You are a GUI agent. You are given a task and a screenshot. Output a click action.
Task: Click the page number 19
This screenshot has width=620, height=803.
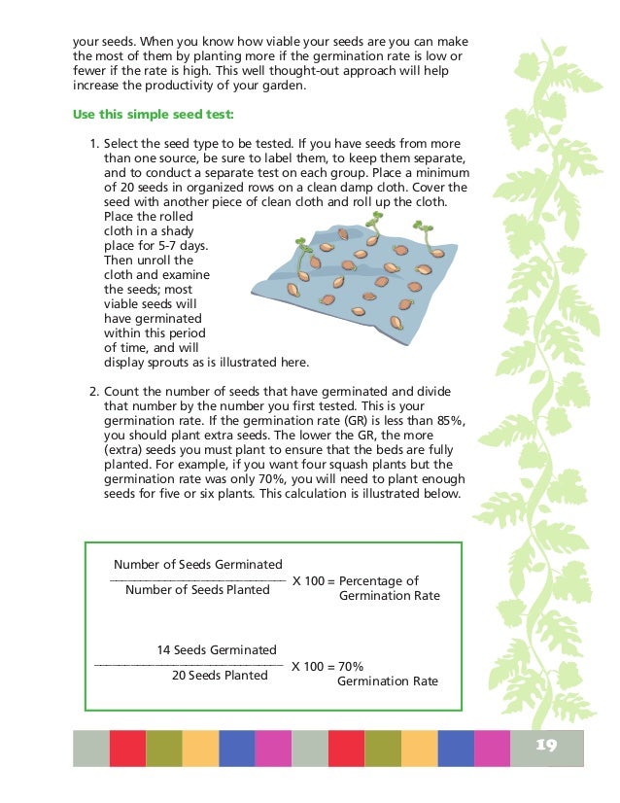tap(546, 746)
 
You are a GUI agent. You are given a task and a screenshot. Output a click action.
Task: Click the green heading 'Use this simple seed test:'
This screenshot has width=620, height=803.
tap(153, 114)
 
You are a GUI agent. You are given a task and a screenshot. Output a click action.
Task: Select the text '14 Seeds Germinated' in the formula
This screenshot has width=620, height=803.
tap(216, 649)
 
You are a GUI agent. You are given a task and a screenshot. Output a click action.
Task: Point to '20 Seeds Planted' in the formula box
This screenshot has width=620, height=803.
tap(219, 675)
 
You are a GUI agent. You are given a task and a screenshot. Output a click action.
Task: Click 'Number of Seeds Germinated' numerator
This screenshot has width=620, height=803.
tap(198, 564)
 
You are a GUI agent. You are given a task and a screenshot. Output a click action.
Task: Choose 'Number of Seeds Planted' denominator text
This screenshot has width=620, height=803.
tap(198, 589)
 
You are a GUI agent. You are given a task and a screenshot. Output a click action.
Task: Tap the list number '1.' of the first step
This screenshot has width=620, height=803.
tap(93, 143)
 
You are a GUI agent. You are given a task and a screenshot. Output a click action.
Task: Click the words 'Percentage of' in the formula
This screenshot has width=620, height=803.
tap(379, 580)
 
